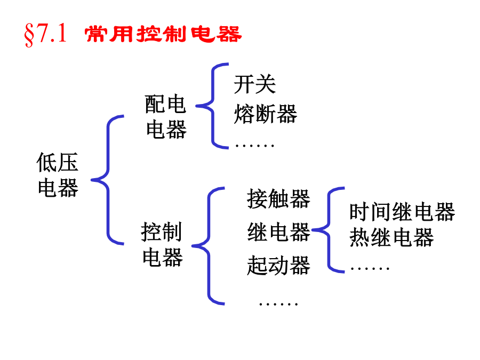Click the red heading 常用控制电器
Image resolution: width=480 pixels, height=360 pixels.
point(163,35)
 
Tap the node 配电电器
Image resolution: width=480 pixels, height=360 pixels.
point(166,117)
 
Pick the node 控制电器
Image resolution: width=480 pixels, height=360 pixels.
point(162,245)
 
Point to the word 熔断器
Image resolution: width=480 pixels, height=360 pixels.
point(265,114)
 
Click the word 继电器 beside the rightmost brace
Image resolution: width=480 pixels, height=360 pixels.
point(278,233)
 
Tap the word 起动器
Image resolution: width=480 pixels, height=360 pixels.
point(278,265)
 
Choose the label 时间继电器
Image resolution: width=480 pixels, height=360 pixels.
point(402,212)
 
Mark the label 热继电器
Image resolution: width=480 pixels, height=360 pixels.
point(391,238)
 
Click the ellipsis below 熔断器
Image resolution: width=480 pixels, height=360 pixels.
point(254,145)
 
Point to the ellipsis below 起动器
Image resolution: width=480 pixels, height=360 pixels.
point(278,303)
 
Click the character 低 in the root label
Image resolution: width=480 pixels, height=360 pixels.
point(47,163)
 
